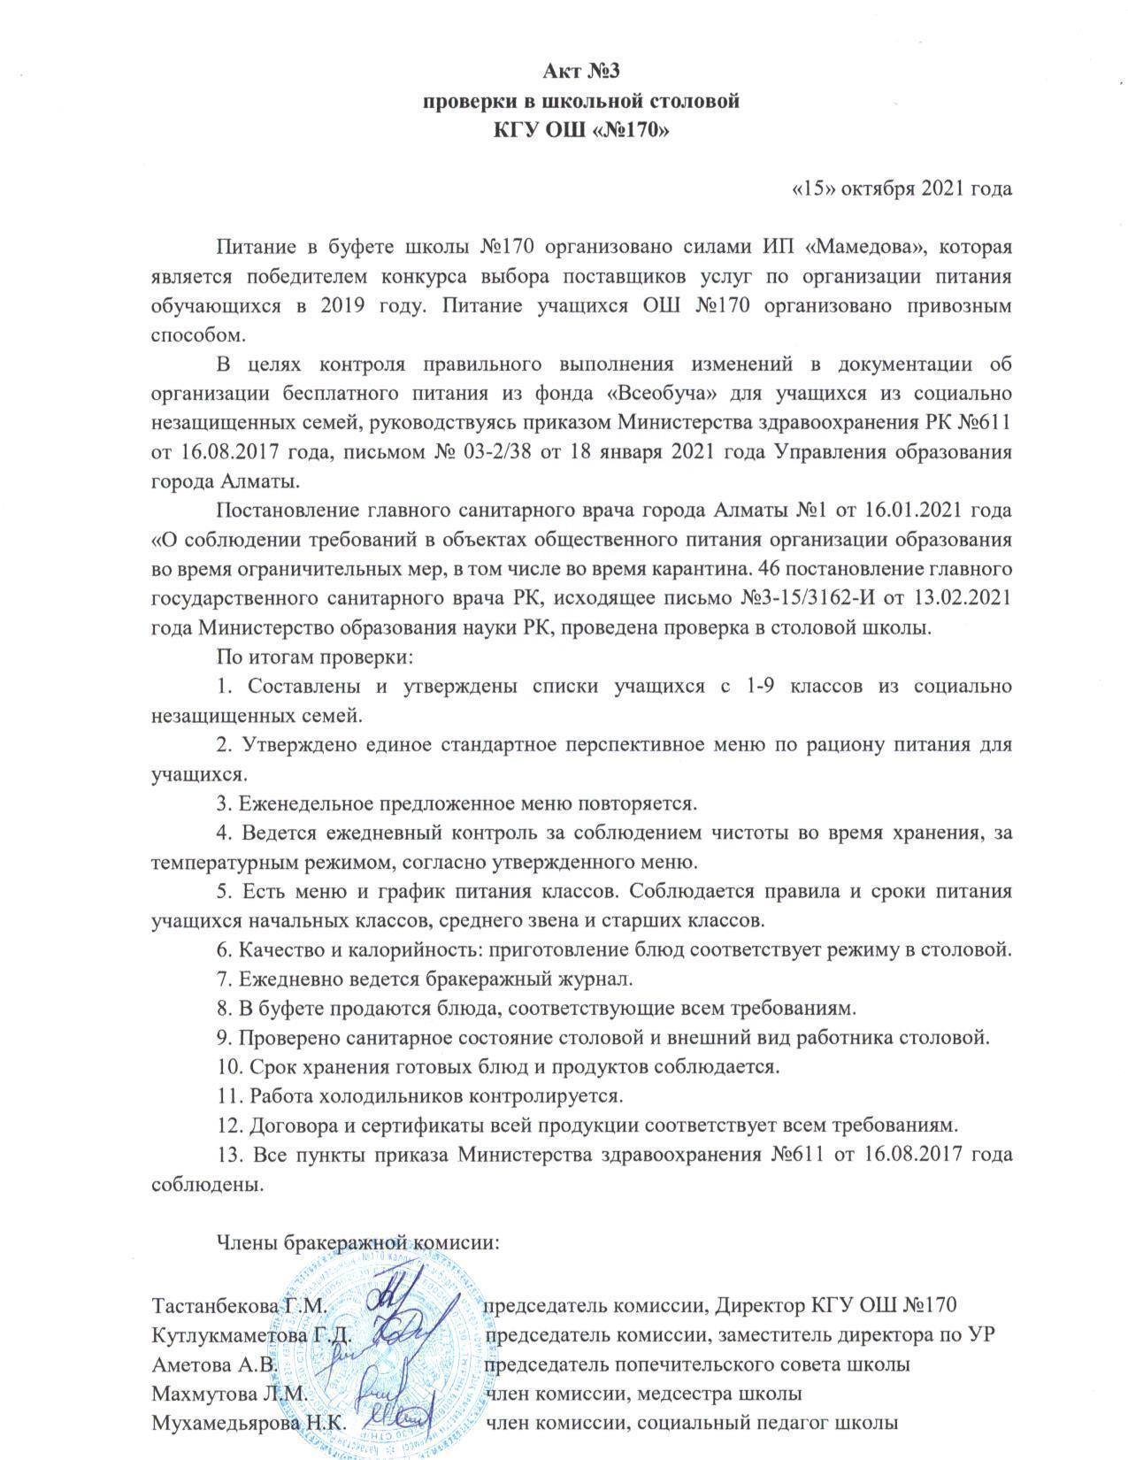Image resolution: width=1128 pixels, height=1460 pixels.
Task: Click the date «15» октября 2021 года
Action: [900, 188]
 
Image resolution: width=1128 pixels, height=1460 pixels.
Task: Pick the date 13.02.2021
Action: [968, 599]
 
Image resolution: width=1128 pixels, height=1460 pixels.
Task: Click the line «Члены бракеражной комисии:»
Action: [359, 1241]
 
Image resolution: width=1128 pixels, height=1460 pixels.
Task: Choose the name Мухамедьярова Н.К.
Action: [248, 1423]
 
